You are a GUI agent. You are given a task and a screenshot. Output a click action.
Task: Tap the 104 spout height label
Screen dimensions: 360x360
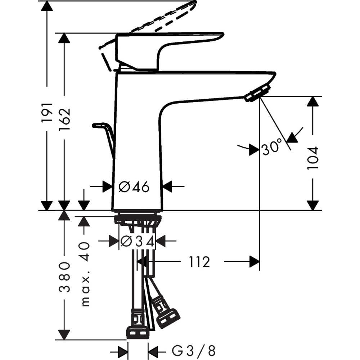pos(313,158)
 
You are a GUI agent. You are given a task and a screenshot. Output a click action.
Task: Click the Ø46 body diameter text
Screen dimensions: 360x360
pos(134,187)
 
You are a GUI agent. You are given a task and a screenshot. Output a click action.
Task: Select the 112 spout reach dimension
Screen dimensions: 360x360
pos(199,262)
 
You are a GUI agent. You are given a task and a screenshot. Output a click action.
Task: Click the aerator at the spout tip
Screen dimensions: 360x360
pos(257,93)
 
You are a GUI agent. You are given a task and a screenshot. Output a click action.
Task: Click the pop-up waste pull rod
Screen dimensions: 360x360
pos(104,133)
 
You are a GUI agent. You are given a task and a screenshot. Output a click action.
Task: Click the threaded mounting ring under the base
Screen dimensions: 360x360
pos(138,219)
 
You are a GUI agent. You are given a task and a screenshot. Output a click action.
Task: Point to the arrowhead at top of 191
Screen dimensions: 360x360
pos(47,6)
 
